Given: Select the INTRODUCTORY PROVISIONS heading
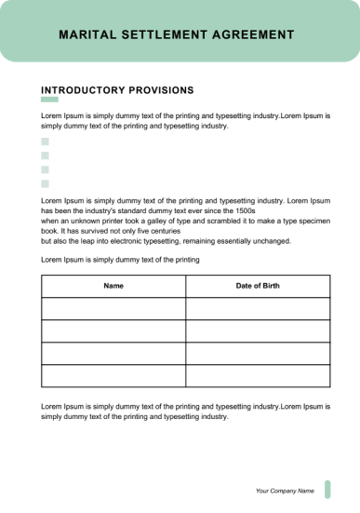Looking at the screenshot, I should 117,90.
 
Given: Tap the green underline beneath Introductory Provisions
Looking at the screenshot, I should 49,100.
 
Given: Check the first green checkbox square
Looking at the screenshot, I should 45,142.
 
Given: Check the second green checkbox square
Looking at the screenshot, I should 45,155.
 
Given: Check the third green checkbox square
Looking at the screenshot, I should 45,169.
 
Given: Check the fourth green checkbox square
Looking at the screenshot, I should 45,183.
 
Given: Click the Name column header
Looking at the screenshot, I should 113,286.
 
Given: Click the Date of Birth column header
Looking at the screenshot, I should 258,286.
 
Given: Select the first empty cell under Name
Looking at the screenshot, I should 113,309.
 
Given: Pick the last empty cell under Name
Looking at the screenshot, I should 113,376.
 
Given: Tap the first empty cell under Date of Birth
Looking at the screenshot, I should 258,309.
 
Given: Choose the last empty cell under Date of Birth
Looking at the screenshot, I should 258,376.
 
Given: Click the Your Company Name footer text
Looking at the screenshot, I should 285,490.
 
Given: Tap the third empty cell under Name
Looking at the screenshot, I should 113,354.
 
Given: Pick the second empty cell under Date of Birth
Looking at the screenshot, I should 258,331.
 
